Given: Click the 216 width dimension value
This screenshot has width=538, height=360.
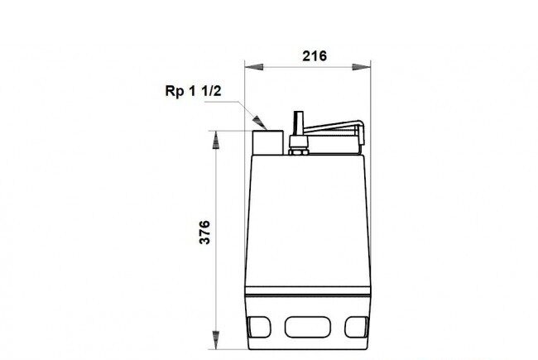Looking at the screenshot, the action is pos(315,56).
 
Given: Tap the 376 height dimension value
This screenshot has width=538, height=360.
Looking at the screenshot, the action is pos(204,233).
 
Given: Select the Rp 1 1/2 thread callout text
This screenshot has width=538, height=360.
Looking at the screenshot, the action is pos(193,91).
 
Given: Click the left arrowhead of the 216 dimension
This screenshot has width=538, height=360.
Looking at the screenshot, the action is pos(254,67).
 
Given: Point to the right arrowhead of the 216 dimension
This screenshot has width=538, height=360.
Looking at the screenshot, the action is pos(362,67).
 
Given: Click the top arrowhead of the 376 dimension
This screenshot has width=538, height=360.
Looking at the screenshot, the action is pos(216,140).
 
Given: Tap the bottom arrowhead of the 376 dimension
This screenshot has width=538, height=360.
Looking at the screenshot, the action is pos(216,340).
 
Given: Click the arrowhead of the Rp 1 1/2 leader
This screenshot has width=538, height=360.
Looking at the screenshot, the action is pos(260,122).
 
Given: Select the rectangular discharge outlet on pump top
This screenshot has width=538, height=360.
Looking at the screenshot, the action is pos(268,142).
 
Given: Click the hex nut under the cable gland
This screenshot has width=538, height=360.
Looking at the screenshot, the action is pos(299,151).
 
